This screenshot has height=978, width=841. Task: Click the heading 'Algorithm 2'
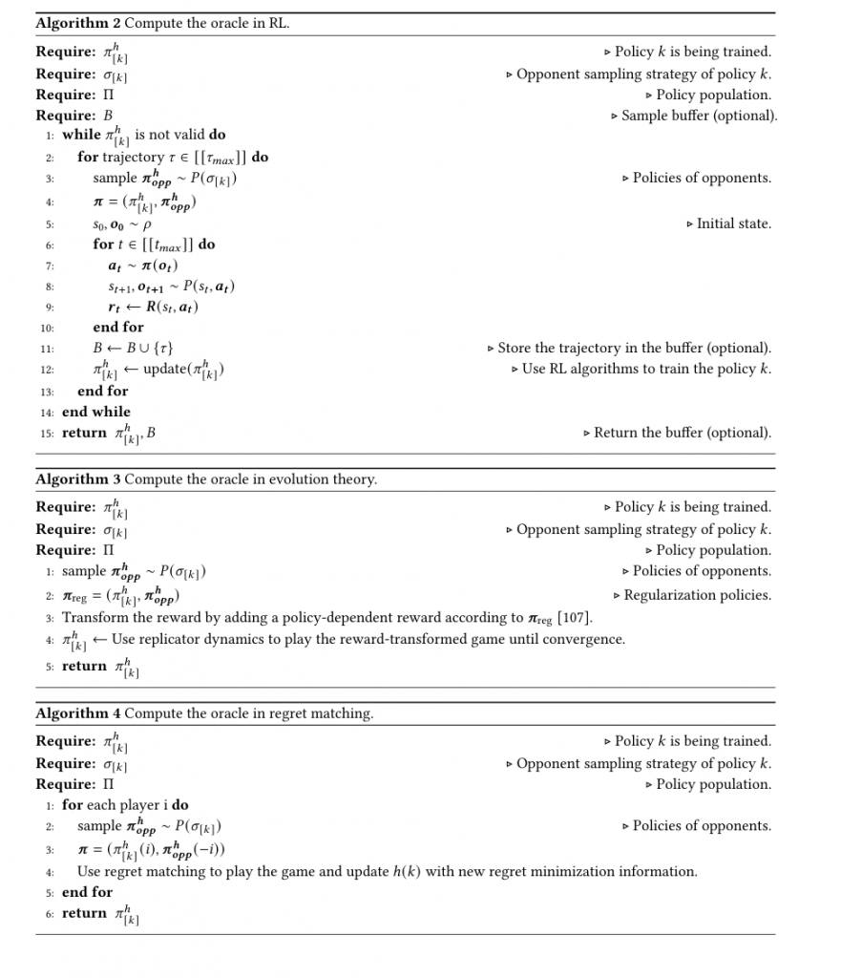(x=78, y=23)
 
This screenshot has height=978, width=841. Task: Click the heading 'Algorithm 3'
(x=78, y=479)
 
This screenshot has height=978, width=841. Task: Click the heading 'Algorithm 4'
(x=78, y=713)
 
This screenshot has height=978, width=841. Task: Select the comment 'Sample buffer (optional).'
(x=699, y=116)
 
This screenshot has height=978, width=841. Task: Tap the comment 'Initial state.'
(x=733, y=223)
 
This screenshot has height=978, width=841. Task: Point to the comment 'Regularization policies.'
(x=696, y=595)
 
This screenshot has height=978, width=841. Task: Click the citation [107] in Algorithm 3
(x=575, y=618)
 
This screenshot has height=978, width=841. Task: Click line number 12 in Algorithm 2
(x=48, y=370)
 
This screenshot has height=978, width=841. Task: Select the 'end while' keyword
(x=96, y=412)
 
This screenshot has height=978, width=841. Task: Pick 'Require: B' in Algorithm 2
(x=74, y=116)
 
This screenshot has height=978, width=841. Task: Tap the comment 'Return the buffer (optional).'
(x=682, y=433)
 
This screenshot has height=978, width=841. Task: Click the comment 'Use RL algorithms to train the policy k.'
(x=646, y=369)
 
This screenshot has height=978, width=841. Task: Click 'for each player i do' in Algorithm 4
(x=125, y=804)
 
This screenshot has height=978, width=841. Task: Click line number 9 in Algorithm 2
(x=50, y=308)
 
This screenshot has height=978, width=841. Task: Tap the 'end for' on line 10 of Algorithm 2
(x=118, y=327)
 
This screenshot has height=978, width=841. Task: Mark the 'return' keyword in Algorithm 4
(x=84, y=913)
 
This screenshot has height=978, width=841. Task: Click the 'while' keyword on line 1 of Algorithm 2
(x=81, y=135)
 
